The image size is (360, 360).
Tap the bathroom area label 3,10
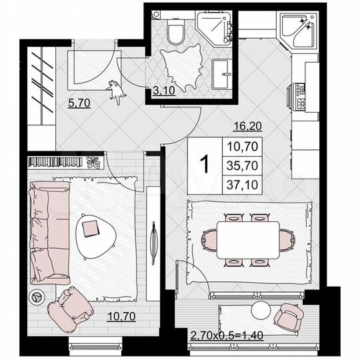click(x=163, y=91)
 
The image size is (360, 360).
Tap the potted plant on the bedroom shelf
click(x=93, y=161)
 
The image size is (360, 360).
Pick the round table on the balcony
click(x=261, y=310)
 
